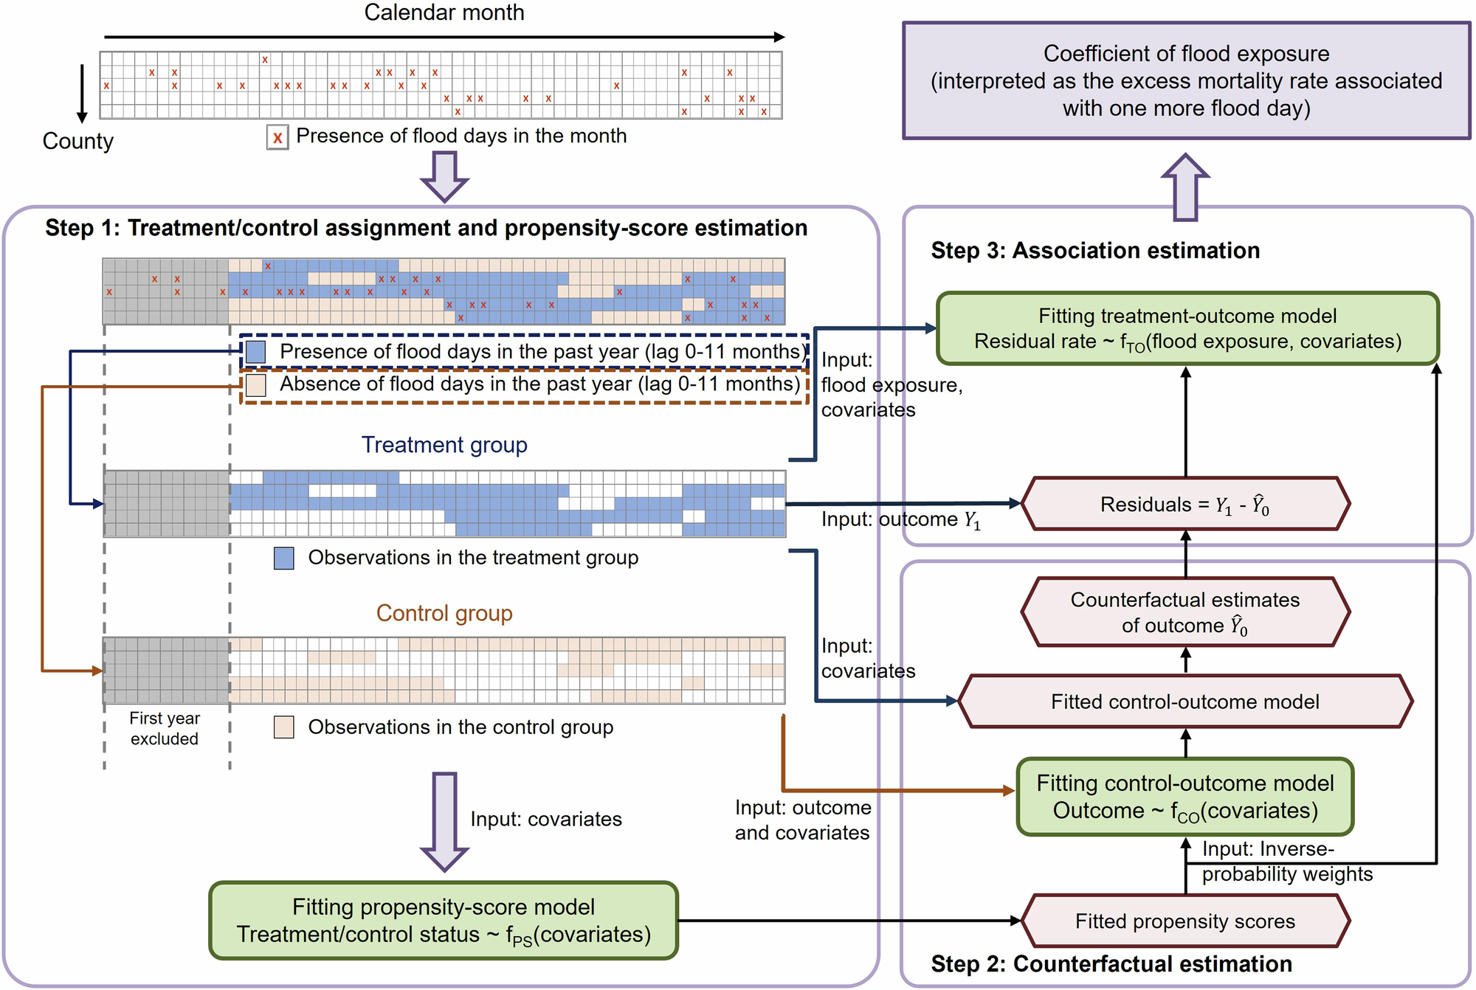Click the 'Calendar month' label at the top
(x=444, y=13)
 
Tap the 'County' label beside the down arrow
(x=77, y=141)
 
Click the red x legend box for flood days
(x=277, y=137)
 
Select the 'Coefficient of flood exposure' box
(x=1186, y=80)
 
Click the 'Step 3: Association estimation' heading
(x=1094, y=251)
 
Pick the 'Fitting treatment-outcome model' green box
(x=1187, y=328)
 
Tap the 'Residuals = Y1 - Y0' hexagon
(x=1185, y=505)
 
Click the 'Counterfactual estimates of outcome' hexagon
(x=1185, y=612)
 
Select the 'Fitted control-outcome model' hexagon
(x=1185, y=702)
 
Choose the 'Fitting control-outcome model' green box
(x=1185, y=797)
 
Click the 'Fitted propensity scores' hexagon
(x=1185, y=921)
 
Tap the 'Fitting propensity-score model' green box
(x=444, y=921)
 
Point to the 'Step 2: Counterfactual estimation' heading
(x=1111, y=964)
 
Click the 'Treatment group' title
(x=444, y=445)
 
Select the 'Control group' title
(x=444, y=613)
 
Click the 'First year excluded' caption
(x=165, y=729)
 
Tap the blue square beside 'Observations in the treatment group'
(x=284, y=558)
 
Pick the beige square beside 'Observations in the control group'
(x=284, y=727)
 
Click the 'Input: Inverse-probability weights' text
(x=1286, y=862)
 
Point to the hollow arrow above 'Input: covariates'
(x=444, y=820)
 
